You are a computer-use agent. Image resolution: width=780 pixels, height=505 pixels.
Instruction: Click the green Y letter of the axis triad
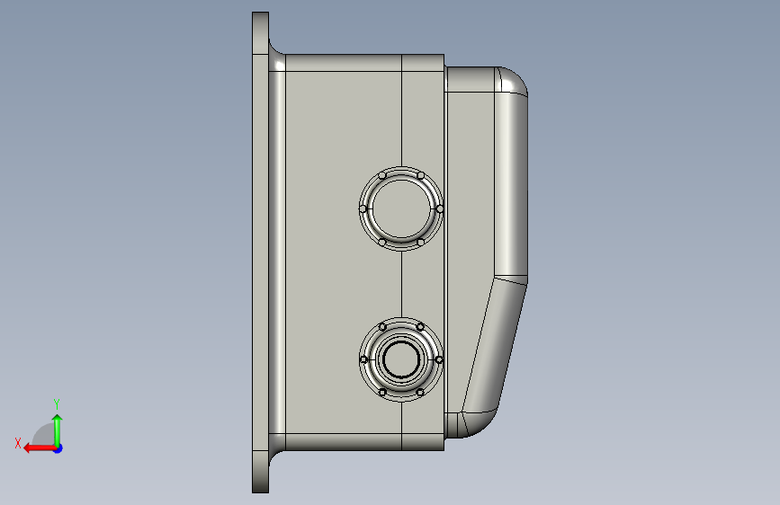57,403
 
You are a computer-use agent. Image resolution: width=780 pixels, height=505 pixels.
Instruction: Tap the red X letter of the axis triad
18,443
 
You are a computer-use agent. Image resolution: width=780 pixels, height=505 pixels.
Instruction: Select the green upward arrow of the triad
58,430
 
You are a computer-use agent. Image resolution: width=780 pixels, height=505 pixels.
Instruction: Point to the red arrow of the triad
40,448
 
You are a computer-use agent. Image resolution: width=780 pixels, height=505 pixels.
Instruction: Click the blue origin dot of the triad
58,448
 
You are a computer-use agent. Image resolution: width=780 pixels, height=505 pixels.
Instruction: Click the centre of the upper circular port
401,208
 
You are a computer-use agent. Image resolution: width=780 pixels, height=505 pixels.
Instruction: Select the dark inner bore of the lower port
401,359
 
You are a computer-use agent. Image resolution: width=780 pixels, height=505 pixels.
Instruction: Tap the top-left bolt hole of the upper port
382,175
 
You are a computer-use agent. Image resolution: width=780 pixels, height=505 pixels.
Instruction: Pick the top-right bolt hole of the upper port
420,175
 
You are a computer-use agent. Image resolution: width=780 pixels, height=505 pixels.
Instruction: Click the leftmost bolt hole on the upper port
363,208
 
